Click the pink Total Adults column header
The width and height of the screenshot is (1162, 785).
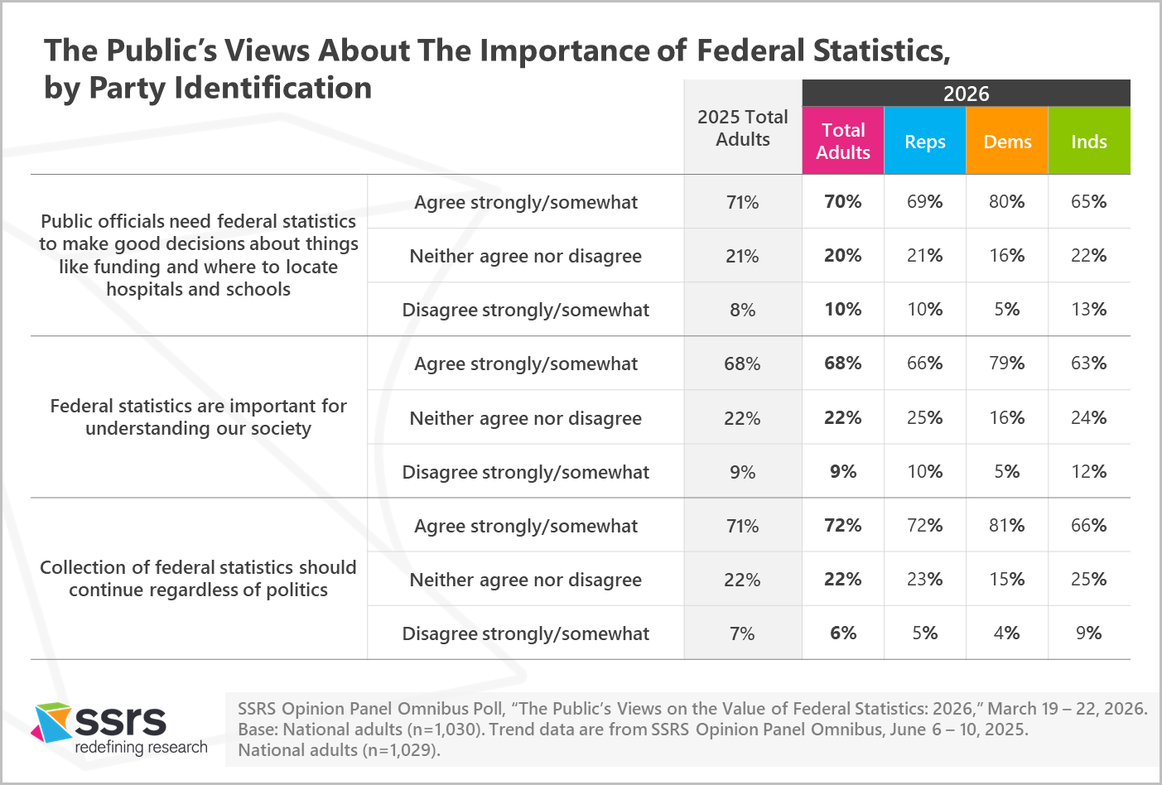coord(842,141)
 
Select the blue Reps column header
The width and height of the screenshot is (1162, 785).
coord(924,142)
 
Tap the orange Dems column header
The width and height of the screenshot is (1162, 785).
coord(1007,142)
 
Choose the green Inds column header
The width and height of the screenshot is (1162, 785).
coord(1088,142)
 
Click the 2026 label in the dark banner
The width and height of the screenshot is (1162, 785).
coord(966,94)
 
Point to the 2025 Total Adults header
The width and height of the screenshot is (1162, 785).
coord(742,128)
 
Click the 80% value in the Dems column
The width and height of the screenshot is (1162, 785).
coord(1006,201)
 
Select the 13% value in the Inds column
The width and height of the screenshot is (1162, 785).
coord(1088,309)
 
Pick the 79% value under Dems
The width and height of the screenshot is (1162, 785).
coord(1006,363)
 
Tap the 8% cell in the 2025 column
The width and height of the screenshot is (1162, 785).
coord(742,310)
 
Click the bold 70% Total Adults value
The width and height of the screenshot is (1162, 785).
coord(842,201)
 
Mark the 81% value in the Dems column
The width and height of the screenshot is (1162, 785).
coord(1006,525)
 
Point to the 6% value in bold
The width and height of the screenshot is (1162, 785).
coord(842,633)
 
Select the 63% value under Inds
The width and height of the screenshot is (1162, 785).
coord(1088,363)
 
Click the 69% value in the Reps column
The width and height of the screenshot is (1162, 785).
coord(924,201)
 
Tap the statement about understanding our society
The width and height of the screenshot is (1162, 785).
coord(198,417)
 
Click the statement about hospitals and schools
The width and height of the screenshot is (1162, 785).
coord(198,255)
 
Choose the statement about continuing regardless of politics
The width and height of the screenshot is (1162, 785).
coord(198,578)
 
